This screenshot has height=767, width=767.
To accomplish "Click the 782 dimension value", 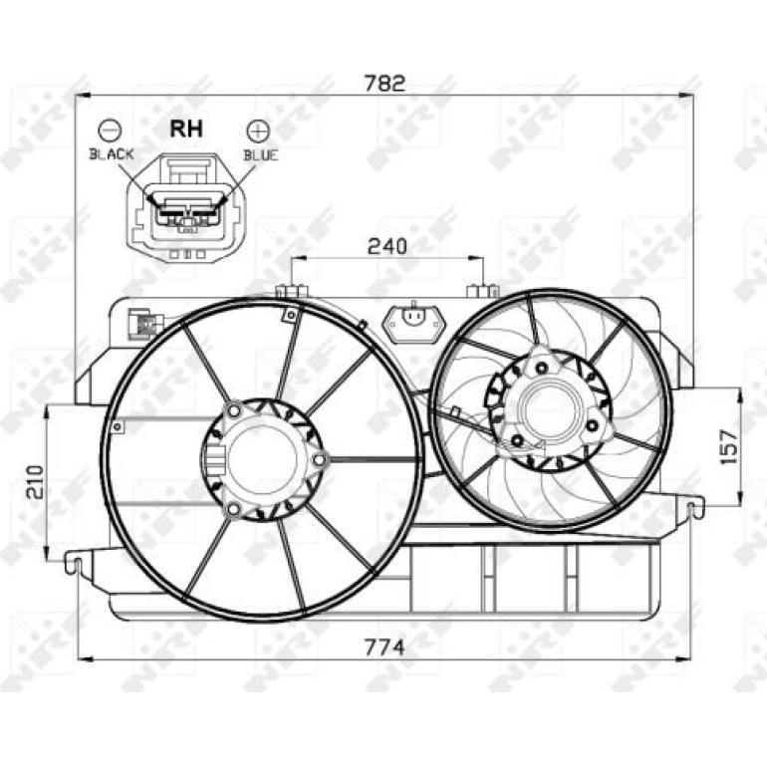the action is pyautogui.click(x=385, y=83).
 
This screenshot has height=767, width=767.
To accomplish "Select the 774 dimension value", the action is pyautogui.click(x=385, y=647).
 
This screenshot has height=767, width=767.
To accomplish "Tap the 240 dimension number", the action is pyautogui.click(x=386, y=247).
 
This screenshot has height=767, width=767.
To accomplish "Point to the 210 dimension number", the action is pyautogui.click(x=35, y=482).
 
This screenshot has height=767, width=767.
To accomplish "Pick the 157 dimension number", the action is pyautogui.click(x=729, y=446).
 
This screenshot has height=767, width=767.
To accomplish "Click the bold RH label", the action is pyautogui.click(x=186, y=129).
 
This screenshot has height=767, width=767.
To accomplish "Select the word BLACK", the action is pyautogui.click(x=111, y=154).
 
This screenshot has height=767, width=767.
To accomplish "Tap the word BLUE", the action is pyautogui.click(x=261, y=155).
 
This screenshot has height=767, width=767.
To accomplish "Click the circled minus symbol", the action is pyautogui.click(x=111, y=130).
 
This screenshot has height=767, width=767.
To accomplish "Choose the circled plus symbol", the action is pyautogui.click(x=258, y=130).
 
